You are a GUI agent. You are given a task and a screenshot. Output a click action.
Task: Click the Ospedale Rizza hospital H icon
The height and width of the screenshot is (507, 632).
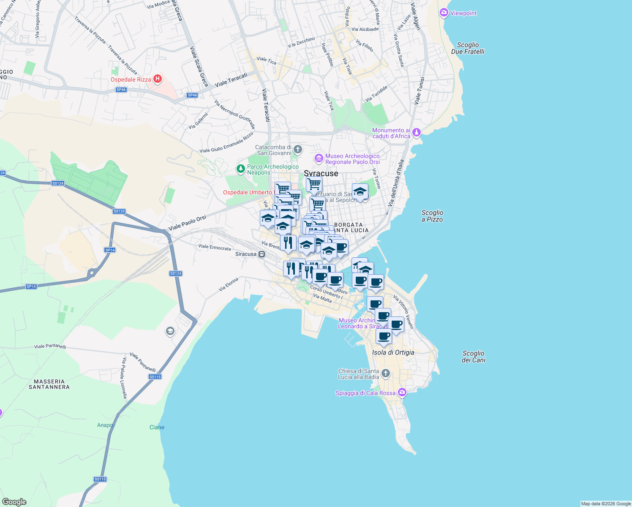(157, 79)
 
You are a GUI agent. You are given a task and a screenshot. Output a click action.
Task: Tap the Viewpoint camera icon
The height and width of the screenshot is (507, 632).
(444, 13)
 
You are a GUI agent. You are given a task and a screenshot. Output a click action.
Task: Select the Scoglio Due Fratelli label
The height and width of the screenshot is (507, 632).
(468, 48)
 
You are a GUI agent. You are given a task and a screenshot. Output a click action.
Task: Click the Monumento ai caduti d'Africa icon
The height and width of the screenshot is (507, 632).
(417, 133)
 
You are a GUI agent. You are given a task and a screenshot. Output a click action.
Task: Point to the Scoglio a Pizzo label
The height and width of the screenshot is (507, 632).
(432, 216)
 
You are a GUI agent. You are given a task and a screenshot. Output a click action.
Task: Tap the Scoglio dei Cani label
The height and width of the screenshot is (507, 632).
(473, 357)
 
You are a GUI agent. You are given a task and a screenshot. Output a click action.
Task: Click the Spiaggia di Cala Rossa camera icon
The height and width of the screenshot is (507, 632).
(402, 393)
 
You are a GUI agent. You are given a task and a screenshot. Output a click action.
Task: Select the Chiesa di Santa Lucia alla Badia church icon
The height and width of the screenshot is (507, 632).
(385, 373)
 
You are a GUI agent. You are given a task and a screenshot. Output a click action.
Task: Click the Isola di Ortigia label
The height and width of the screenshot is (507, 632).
(393, 352)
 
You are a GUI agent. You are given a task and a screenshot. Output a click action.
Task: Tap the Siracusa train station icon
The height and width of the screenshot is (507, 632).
(262, 254)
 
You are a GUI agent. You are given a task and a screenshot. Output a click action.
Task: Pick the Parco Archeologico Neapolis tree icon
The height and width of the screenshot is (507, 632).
(241, 169)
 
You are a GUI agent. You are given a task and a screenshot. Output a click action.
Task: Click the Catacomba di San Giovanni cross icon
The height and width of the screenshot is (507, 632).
(298, 149)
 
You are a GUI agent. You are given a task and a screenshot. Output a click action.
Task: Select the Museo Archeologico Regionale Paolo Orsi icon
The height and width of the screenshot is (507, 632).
(319, 158)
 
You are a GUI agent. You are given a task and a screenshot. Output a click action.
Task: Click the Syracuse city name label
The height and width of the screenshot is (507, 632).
(321, 174)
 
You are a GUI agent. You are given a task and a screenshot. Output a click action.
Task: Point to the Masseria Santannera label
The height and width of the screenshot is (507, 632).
(49, 384)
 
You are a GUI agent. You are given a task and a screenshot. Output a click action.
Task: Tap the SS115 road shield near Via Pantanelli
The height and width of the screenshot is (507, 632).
(155, 377)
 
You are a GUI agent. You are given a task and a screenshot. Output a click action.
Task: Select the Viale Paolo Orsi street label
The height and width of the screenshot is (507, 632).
(187, 223)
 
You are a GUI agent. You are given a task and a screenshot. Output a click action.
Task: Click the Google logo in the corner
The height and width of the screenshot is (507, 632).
(14, 502)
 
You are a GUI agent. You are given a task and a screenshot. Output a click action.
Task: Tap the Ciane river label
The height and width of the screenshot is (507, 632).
(157, 427)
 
